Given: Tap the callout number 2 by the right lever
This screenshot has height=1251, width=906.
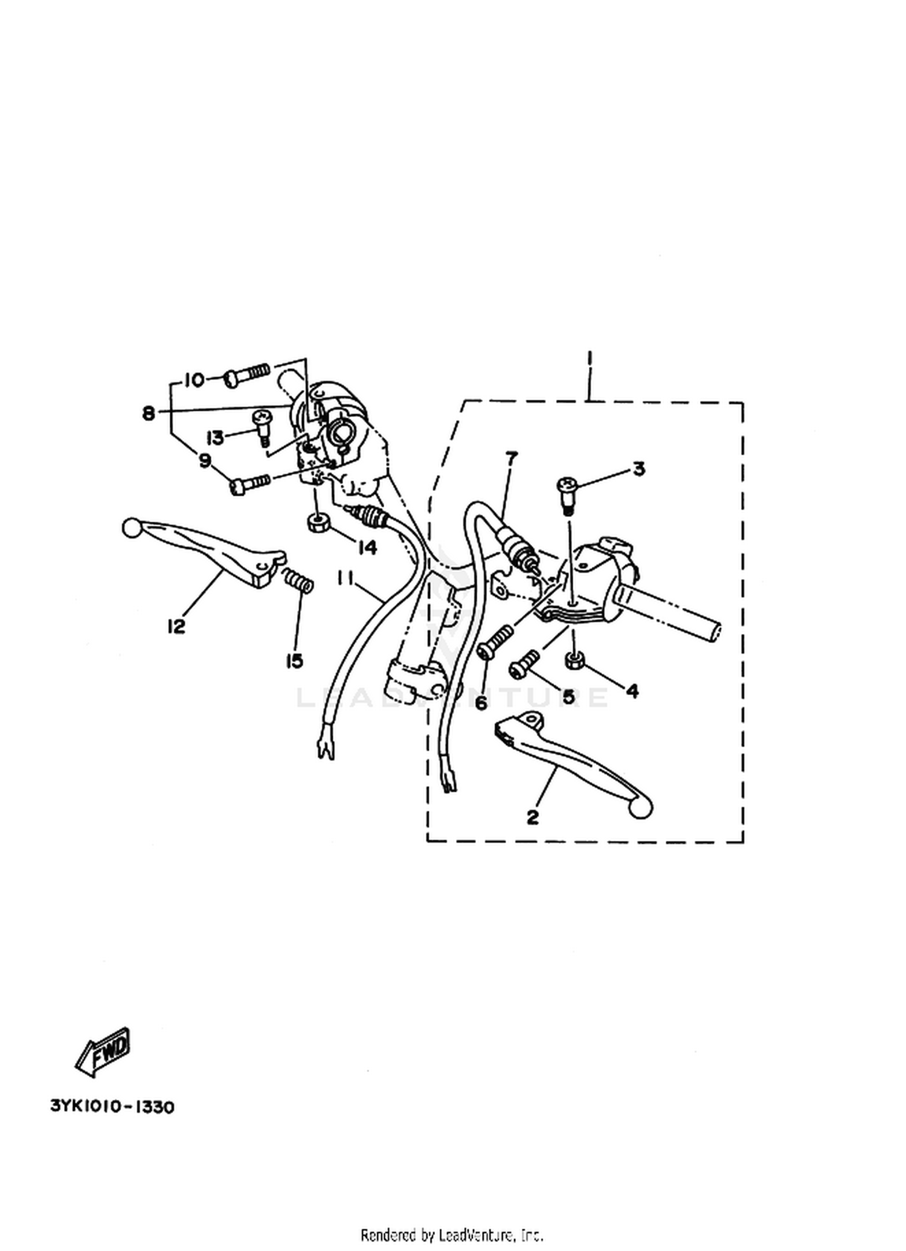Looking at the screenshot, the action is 532,817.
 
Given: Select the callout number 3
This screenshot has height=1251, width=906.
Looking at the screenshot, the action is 639,469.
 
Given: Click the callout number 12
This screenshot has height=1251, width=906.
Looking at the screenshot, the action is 176,627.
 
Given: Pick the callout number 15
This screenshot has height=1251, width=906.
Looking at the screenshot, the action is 294,662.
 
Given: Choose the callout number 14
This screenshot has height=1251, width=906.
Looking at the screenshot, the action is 367,548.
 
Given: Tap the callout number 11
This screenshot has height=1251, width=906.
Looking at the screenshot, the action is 345,579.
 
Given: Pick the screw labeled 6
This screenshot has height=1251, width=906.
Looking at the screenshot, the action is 495,642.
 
